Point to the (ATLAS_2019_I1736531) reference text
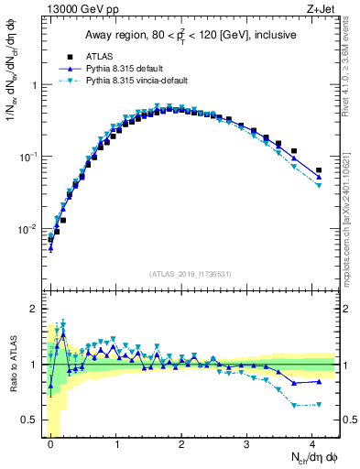[x=189, y=274]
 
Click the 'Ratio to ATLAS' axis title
[x=11, y=364]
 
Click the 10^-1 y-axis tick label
[x=28, y=157]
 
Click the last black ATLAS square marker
[x=318, y=170]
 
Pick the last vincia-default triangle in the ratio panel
[x=318, y=404]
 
